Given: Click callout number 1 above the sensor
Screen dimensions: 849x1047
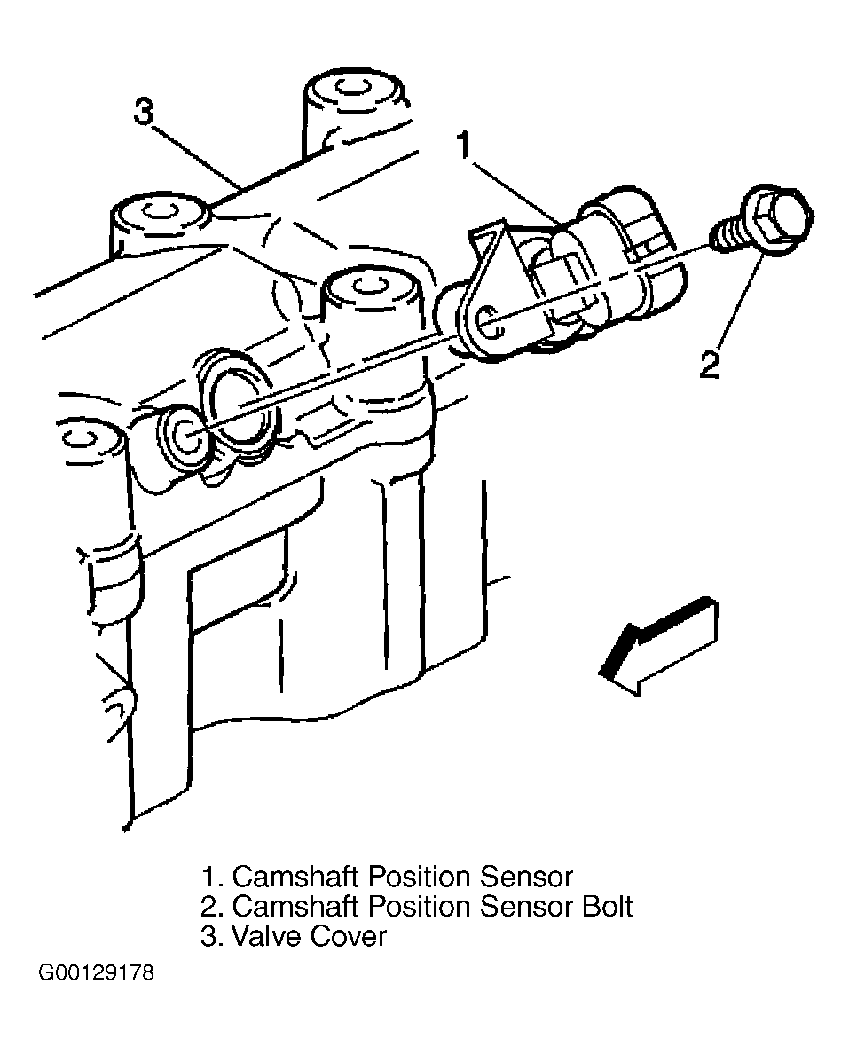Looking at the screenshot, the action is [464, 145].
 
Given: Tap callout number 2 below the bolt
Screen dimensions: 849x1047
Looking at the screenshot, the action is [709, 364].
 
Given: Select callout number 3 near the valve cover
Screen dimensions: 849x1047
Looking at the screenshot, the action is [145, 112].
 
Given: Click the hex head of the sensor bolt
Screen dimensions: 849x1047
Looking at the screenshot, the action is [781, 217].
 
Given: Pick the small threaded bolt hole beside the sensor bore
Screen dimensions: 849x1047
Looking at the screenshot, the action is [185, 436].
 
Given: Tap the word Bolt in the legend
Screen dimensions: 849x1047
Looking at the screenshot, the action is [607, 906].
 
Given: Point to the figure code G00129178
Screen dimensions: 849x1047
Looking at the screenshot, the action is [96, 972].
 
